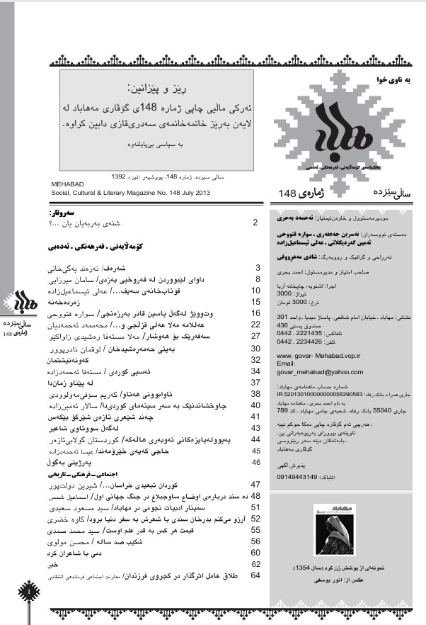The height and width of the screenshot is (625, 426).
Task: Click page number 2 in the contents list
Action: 255,223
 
